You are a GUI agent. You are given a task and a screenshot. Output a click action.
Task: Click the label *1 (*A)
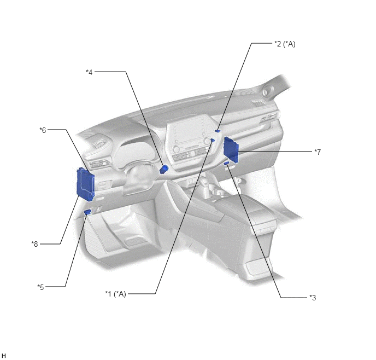pos(115,294)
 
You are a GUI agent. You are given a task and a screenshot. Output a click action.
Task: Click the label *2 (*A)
pos(285,44)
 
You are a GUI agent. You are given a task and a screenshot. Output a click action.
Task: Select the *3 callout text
pos(313,298)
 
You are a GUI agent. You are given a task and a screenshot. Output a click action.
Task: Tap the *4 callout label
pos(89,72)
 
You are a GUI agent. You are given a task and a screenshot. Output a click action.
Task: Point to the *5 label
pos(40,287)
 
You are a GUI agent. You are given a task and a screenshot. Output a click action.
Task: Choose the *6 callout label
pos(43,130)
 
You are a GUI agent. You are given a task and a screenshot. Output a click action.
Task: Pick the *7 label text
pos(318,152)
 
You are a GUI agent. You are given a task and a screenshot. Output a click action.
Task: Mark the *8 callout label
pos(34,244)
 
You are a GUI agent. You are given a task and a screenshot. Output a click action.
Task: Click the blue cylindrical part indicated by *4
pos(164,169)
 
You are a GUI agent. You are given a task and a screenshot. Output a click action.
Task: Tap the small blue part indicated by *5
pos(87,212)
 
